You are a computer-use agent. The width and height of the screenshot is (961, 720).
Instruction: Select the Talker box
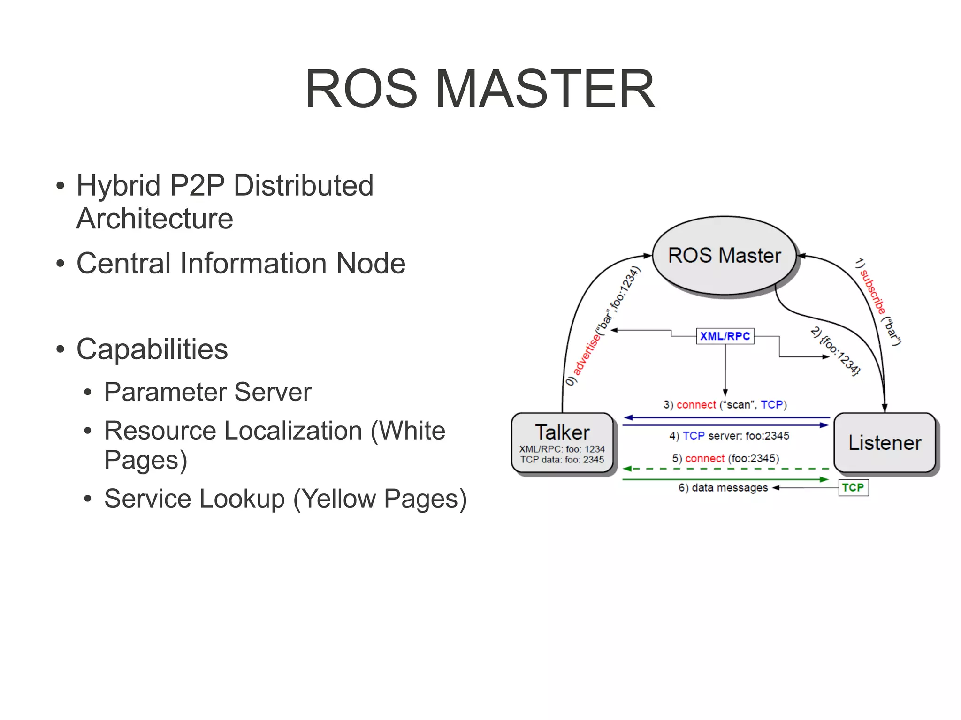pyautogui.click(x=562, y=443)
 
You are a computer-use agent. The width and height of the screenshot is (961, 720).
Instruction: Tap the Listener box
pyautogui.click(x=885, y=443)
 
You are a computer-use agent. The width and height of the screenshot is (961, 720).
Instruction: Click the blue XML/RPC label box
pyautogui.click(x=725, y=336)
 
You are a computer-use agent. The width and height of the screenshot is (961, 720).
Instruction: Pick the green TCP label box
pyautogui.click(x=853, y=487)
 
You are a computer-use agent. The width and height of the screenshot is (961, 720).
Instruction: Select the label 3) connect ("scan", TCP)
pyautogui.click(x=725, y=405)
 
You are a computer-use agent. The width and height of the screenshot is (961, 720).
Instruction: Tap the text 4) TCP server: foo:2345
pyautogui.click(x=729, y=436)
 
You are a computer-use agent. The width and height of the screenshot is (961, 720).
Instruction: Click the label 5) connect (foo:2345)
pyautogui.click(x=725, y=458)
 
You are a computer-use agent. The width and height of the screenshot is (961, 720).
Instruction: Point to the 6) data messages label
pyautogui.click(x=723, y=488)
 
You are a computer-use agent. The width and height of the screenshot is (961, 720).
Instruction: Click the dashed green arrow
pyautogui.click(x=725, y=469)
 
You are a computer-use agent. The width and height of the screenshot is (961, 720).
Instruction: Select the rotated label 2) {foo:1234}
pyautogui.click(x=836, y=350)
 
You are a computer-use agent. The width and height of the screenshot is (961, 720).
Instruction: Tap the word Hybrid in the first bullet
pyautogui.click(x=119, y=185)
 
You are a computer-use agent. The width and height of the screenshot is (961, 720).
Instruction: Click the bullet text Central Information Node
pyautogui.click(x=241, y=263)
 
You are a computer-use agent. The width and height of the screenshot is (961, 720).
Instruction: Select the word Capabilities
pyautogui.click(x=152, y=349)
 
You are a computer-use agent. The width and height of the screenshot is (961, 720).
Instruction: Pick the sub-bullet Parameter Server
pyautogui.click(x=207, y=392)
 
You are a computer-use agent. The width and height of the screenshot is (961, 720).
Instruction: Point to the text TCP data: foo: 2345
pyautogui.click(x=562, y=460)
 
